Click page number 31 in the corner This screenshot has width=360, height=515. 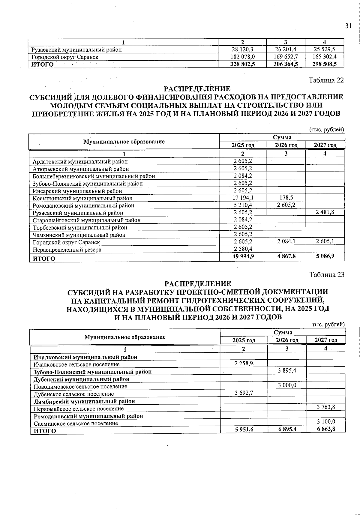click(x=348, y=26)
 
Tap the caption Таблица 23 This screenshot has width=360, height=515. click(x=327, y=275)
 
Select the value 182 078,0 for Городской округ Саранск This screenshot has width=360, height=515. click(x=243, y=57)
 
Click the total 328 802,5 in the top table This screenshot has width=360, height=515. click(x=243, y=64)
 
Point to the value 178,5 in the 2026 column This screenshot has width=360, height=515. click(x=286, y=198)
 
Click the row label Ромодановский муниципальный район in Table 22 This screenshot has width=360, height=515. click(x=83, y=205)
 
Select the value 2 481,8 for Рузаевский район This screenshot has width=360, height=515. click(x=325, y=212)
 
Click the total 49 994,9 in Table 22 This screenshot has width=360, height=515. click(x=243, y=256)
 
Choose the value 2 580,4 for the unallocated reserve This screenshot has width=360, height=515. click(x=243, y=249)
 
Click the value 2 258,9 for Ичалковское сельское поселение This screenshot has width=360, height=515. click(x=244, y=364)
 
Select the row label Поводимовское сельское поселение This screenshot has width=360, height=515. click(x=80, y=387)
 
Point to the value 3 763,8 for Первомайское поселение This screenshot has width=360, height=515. click(x=326, y=407)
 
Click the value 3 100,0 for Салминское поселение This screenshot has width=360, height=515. click(x=326, y=422)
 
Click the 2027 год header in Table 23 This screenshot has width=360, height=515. click(x=326, y=340)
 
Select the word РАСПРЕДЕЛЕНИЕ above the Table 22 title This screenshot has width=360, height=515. click(x=197, y=89)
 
